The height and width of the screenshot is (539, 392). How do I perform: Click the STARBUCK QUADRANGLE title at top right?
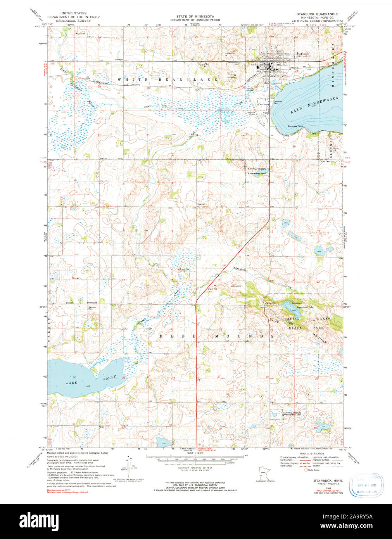coord(317,14)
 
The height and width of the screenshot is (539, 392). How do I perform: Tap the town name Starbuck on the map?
coord(302,54)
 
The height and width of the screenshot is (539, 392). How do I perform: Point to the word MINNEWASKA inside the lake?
coord(326,104)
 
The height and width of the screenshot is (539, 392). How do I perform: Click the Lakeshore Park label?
coord(276,103)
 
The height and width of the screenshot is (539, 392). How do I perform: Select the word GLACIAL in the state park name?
coord(290,319)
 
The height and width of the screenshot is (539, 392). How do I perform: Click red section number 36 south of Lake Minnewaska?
coord(294,146)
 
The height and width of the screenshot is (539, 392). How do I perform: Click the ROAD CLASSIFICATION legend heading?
coord(311,453)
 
